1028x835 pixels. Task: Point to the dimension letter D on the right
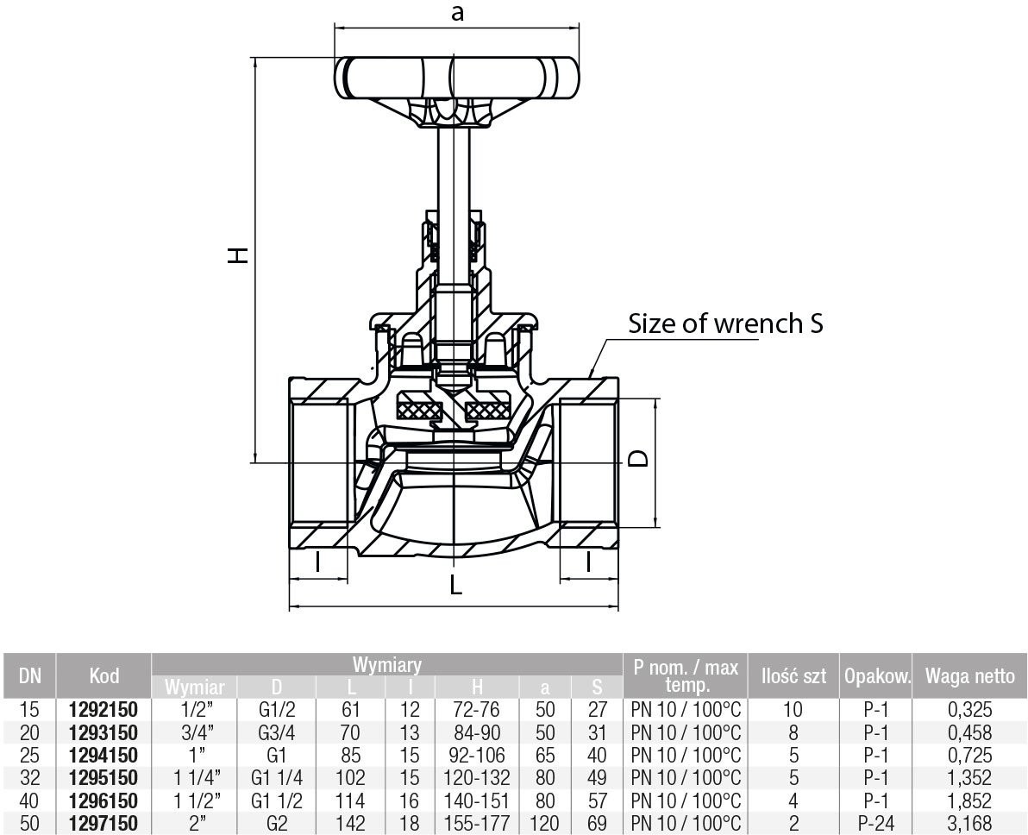(637, 458)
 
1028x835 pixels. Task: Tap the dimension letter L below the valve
(456, 585)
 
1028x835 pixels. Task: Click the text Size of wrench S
(725, 324)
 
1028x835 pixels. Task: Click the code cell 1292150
(103, 710)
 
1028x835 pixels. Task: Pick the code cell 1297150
(103, 823)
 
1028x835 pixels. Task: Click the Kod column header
(103, 676)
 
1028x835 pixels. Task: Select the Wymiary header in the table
(386, 665)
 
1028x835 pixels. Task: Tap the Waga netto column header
(969, 676)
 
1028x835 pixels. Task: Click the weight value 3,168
(969, 823)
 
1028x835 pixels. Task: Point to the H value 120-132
(476, 778)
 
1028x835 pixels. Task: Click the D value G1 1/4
(276, 778)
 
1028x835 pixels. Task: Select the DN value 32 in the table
(29, 778)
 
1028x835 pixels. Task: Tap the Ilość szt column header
(793, 676)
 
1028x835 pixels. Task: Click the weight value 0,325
(969, 710)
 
